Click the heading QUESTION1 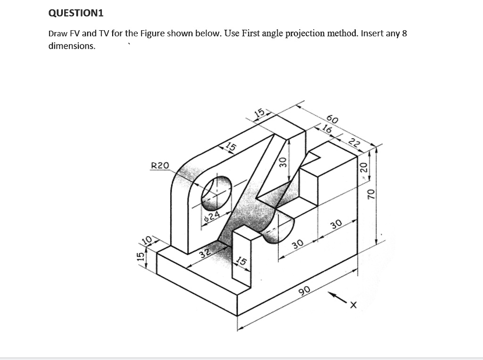coord(75,13)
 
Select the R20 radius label coord(159,166)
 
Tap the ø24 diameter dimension coord(212,217)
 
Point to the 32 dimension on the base coord(204,253)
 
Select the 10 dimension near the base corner coord(147,240)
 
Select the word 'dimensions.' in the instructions coord(72,46)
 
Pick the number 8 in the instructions coord(404,33)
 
